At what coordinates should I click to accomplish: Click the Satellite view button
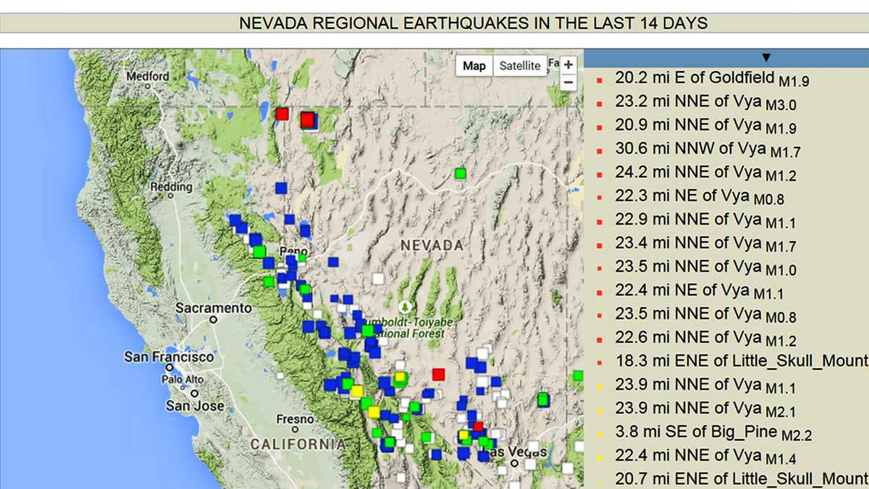(x=519, y=66)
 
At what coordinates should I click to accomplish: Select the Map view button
(x=474, y=66)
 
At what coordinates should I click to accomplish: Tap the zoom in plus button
(x=568, y=65)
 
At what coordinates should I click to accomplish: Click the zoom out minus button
(x=568, y=82)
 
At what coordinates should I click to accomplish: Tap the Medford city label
(x=148, y=77)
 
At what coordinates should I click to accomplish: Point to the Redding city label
(x=171, y=187)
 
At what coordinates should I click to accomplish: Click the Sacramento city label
(x=214, y=309)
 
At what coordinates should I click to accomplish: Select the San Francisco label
(x=169, y=357)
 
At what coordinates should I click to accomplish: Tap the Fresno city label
(x=295, y=419)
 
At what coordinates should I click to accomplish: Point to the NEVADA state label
(x=432, y=246)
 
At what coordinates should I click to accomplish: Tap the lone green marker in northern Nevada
(x=460, y=173)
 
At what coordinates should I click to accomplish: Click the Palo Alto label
(x=182, y=380)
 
